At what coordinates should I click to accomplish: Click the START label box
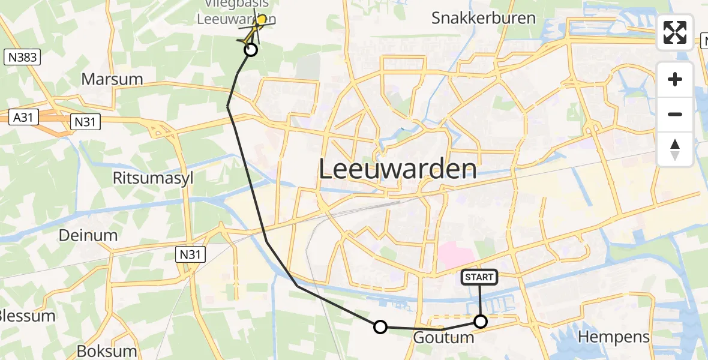click(479, 277)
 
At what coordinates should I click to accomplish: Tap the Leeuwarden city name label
click(397, 169)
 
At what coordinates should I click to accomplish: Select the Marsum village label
click(112, 79)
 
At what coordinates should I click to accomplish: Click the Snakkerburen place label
click(483, 18)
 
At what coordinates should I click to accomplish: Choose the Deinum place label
click(88, 235)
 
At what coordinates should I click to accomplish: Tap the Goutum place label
click(443, 338)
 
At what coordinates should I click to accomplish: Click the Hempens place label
click(614, 337)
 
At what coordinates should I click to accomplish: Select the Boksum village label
click(107, 351)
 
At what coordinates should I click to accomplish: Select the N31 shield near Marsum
click(85, 122)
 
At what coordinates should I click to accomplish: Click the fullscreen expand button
click(675, 32)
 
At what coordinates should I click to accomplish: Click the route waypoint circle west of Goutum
click(380, 327)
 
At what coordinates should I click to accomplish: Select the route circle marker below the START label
click(481, 322)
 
